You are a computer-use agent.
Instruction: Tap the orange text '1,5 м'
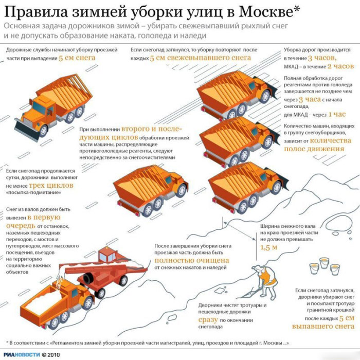tap(269, 247)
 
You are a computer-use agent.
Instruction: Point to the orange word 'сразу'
tap(208, 319)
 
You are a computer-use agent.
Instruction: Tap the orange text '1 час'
tap(337, 114)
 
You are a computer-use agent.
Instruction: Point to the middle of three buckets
tap(324, 263)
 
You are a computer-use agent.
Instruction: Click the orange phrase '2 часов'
tap(340, 66)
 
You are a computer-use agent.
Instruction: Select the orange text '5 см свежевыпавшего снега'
tap(200, 59)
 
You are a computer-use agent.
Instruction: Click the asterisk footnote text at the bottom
tap(149, 343)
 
